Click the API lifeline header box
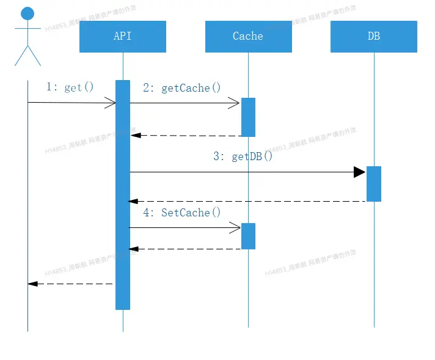click(123, 37)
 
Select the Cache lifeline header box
click(248, 37)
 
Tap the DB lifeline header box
click(374, 37)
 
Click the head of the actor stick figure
click(27, 13)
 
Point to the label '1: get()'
click(70, 87)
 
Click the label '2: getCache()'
click(181, 88)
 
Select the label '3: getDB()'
click(243, 156)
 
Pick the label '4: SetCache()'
click(181, 213)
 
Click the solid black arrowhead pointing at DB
click(360, 172)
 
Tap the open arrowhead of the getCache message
click(234, 103)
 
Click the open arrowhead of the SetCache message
click(235, 228)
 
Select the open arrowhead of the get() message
click(111, 103)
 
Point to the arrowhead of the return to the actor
click(33, 284)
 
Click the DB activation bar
click(374, 183)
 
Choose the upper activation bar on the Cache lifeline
click(248, 117)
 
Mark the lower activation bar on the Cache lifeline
click(248, 236)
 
